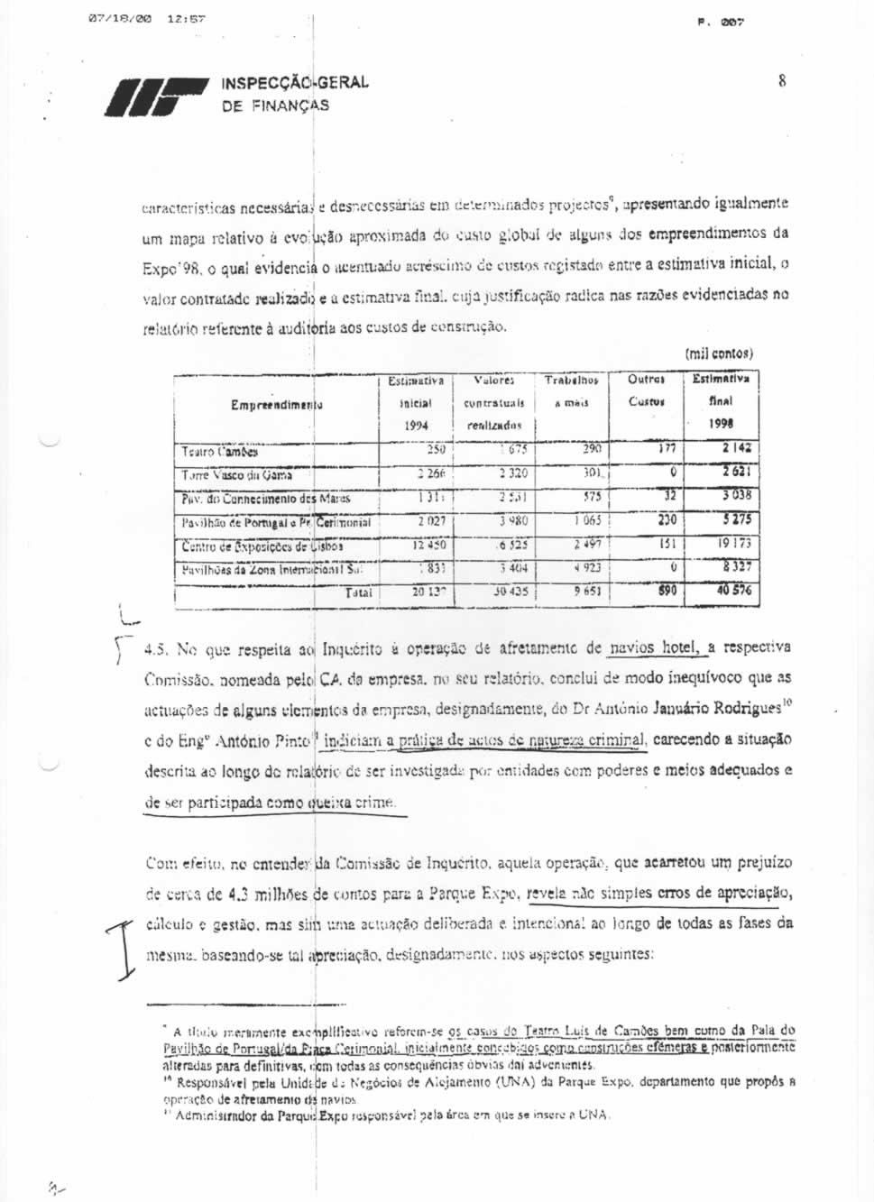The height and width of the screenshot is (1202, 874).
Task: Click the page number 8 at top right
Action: click(781, 81)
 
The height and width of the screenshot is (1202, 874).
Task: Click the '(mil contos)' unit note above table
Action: click(719, 353)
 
